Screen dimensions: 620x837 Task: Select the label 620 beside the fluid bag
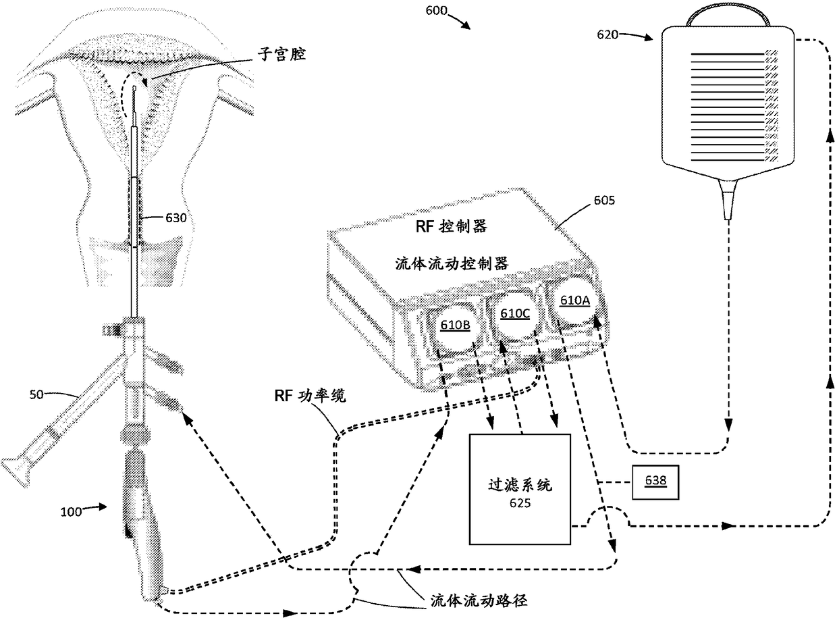(x=607, y=34)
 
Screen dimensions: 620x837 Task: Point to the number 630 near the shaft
(x=178, y=217)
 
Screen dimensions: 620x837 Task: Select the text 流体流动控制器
(x=451, y=264)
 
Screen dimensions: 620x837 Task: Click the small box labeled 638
(x=652, y=482)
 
